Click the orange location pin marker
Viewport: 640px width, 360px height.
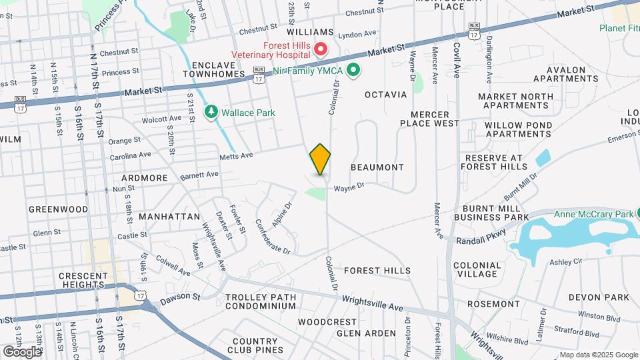tap(320, 159)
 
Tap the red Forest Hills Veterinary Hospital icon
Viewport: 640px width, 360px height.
tap(321, 49)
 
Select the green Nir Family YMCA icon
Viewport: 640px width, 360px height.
tap(355, 69)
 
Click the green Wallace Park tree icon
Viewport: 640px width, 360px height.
tap(211, 112)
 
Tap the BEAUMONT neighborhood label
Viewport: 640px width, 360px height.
tap(377, 167)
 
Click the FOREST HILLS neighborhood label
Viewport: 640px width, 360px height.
tap(377, 271)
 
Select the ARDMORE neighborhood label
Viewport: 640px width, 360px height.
tap(145, 178)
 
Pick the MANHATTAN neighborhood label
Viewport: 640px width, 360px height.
tap(170, 217)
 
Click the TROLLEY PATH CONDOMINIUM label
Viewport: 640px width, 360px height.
tap(260, 301)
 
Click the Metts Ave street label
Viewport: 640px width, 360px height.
tap(237, 156)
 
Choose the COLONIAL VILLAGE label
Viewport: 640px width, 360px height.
tap(477, 269)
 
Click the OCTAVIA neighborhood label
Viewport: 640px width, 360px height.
tap(385, 95)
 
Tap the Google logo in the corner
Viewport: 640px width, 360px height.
tap(22, 351)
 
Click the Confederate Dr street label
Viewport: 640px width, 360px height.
tap(273, 237)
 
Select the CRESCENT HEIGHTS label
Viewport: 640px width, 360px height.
tap(83, 280)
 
